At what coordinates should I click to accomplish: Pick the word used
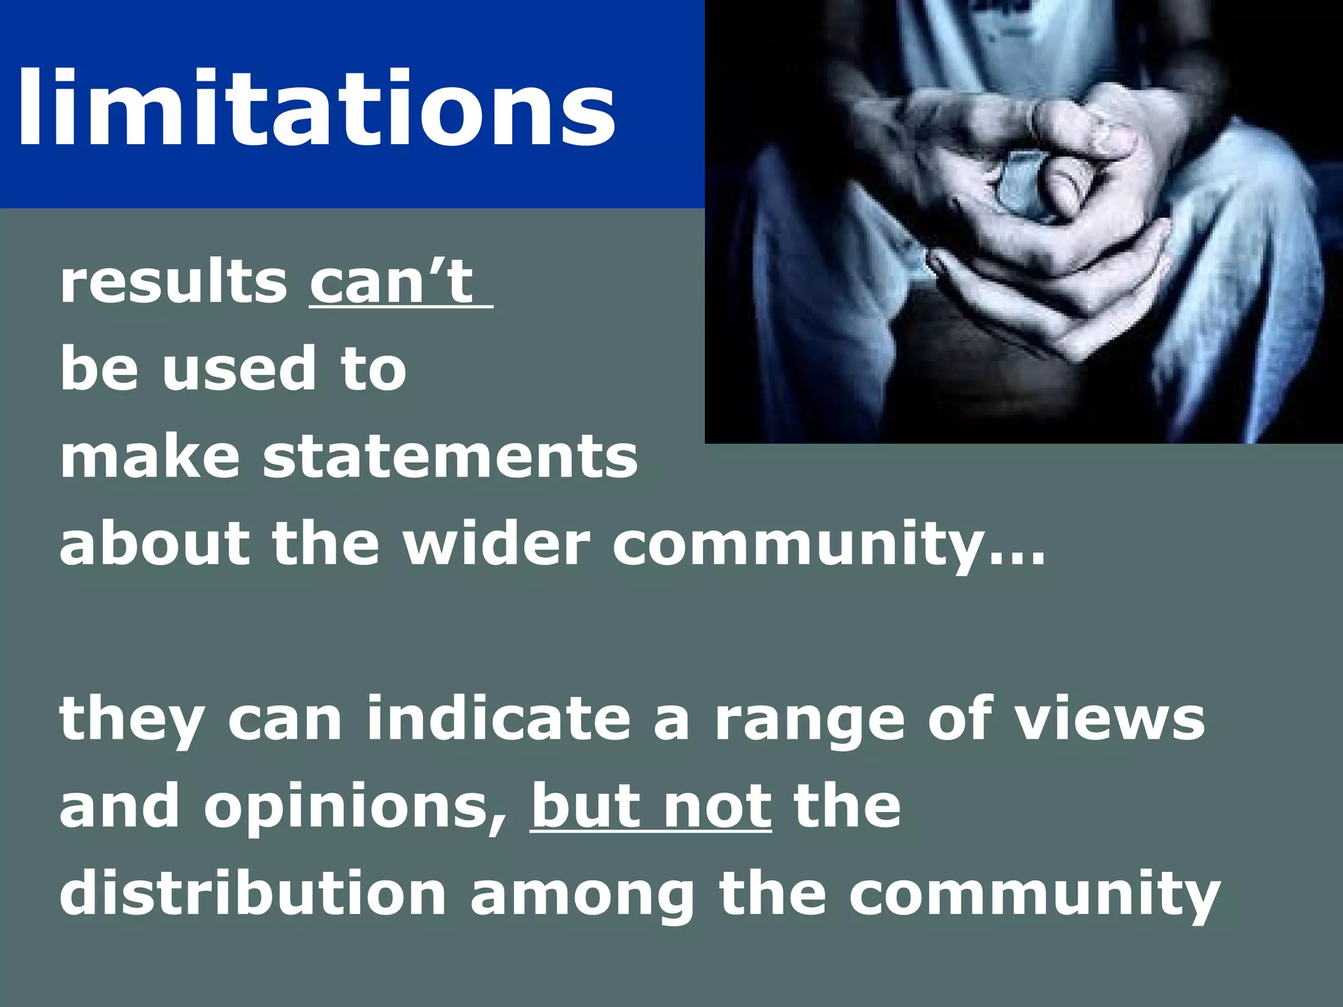239,369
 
